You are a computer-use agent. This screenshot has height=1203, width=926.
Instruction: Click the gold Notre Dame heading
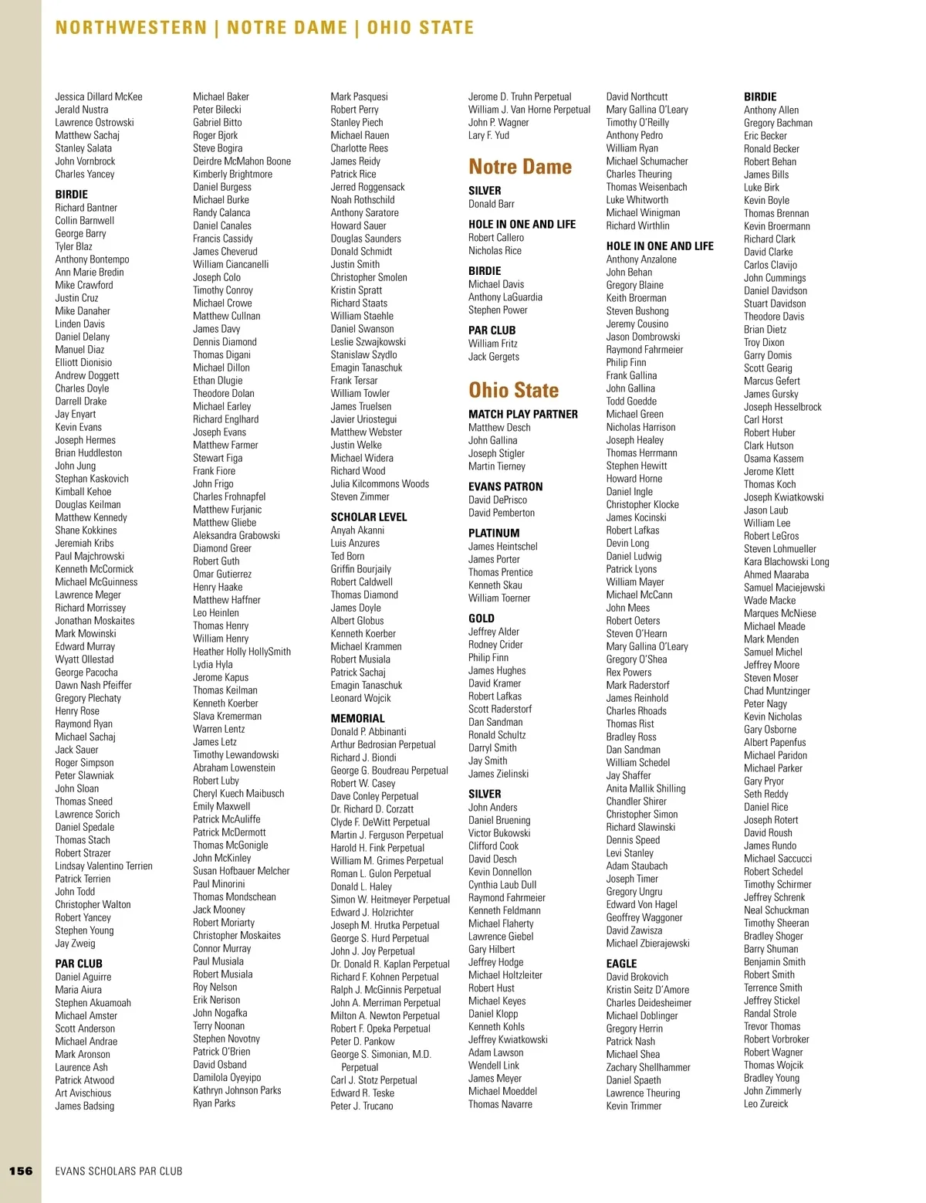(520, 167)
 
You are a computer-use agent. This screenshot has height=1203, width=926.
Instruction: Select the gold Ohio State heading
(514, 390)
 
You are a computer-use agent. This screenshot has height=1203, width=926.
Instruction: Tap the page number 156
(21, 1171)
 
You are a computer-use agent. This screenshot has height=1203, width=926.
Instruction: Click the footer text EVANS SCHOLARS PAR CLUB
(119, 1171)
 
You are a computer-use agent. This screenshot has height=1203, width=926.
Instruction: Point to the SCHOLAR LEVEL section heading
(369, 517)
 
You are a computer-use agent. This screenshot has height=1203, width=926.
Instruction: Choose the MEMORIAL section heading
(357, 718)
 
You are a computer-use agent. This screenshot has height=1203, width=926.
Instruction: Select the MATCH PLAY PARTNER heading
(523, 414)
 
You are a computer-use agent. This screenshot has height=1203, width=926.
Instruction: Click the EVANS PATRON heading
(505, 486)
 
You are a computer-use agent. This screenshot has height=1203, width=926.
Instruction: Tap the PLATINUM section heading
(494, 533)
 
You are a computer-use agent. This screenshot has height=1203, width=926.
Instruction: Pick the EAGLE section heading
(621, 964)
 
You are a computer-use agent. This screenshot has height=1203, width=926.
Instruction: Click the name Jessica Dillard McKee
(99, 97)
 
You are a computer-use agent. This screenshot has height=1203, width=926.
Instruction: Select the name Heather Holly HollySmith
(242, 652)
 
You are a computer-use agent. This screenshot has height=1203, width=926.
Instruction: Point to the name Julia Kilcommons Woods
(380, 484)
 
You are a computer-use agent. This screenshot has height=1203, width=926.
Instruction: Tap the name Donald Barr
(492, 204)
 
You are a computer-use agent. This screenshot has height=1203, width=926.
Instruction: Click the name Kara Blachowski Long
(786, 562)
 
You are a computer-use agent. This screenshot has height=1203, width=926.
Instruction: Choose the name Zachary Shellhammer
(648, 1067)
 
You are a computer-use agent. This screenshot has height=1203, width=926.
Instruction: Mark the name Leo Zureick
(766, 1104)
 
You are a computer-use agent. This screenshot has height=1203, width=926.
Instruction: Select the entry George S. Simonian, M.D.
(381, 1054)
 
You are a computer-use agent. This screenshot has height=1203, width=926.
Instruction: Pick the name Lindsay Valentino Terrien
(103, 866)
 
